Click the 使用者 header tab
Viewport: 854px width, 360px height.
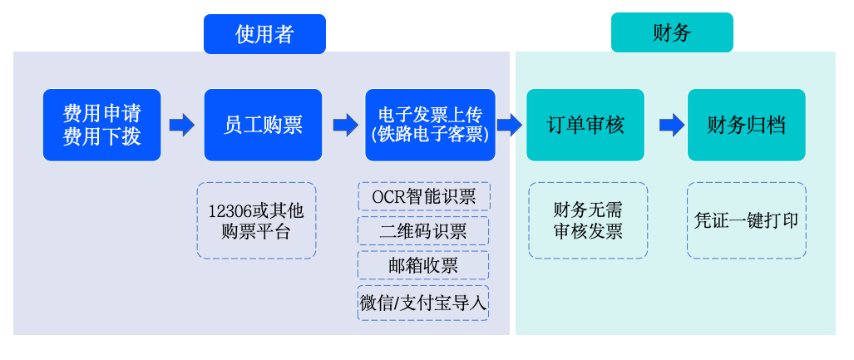[264, 34]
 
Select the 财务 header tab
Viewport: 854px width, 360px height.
[672, 33]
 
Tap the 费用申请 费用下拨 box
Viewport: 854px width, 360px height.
[101, 125]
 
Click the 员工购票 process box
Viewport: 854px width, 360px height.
[263, 125]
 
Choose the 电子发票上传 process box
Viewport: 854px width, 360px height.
[430, 125]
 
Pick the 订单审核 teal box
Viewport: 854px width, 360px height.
[585, 125]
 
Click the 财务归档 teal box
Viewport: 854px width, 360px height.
[746, 125]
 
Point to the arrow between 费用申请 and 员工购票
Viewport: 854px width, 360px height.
[181, 125]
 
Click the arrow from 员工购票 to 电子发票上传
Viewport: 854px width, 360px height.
[344, 125]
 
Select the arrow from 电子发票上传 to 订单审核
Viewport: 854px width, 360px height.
[509, 125]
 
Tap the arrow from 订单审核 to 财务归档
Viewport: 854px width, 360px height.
[671, 125]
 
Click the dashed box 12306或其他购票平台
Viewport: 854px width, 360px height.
[256, 220]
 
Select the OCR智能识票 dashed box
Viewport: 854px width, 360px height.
[423, 196]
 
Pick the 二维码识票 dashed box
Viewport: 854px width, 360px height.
[423, 231]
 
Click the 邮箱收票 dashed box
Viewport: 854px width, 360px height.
[423, 265]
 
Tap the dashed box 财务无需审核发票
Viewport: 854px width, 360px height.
[588, 220]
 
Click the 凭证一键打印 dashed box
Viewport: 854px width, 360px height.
[746, 220]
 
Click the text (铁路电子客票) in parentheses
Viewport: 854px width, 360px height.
[430, 134]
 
